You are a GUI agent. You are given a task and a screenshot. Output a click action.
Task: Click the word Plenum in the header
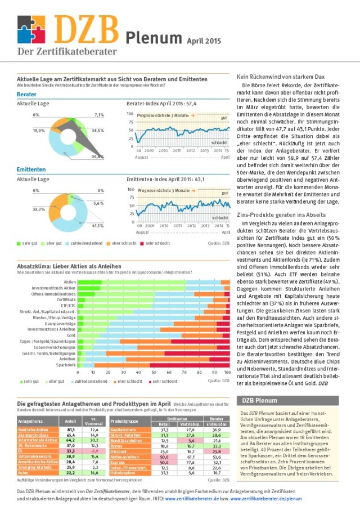tap(151, 38)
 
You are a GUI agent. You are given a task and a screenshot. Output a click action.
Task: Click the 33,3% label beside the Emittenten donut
tap(39, 209)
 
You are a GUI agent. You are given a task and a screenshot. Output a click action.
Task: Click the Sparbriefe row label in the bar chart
tap(66, 365)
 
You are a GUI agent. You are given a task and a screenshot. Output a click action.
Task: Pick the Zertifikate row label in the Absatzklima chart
tap(66, 299)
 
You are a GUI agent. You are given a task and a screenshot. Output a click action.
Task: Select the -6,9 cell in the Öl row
tap(94, 451)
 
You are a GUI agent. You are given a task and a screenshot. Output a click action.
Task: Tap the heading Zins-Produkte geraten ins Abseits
tap(272, 215)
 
